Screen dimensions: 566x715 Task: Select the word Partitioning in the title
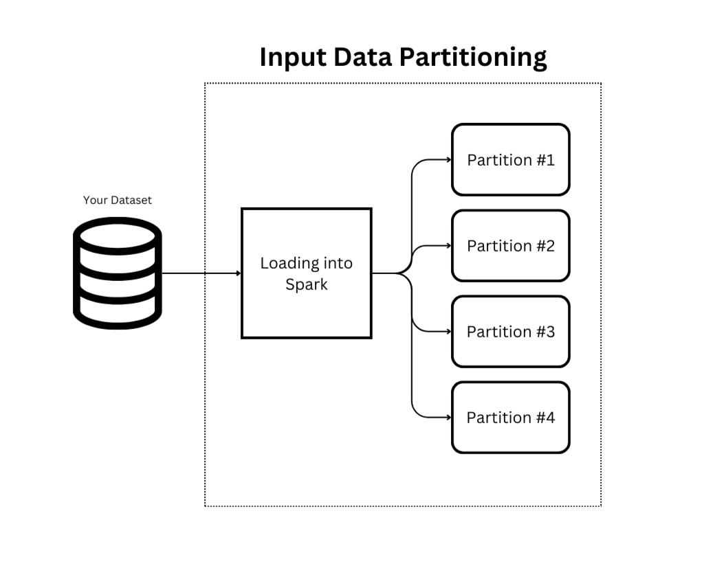pyautogui.click(x=473, y=57)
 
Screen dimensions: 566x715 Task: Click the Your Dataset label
pyautogui.click(x=118, y=200)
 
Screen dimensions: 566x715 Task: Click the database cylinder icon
pyautogui.click(x=118, y=273)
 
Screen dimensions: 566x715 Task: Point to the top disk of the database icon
pyautogui.click(x=118, y=234)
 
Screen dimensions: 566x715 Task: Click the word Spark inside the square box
pyautogui.click(x=307, y=284)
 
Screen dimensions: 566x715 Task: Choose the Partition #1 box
pyautogui.click(x=510, y=159)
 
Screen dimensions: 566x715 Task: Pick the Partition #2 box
pyautogui.click(x=510, y=245)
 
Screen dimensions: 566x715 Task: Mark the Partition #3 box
pyautogui.click(x=510, y=331)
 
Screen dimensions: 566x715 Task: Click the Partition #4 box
pyautogui.click(x=510, y=417)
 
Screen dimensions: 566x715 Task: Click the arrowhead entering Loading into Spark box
pyautogui.click(x=238, y=273)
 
